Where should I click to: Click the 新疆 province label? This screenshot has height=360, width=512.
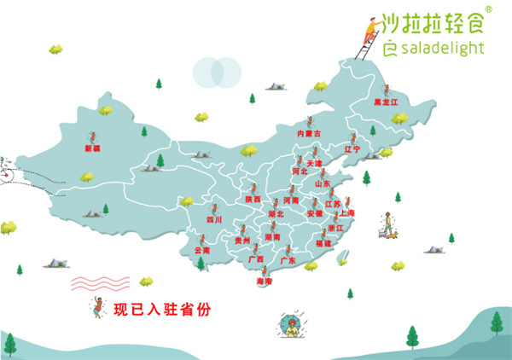[x=92, y=148]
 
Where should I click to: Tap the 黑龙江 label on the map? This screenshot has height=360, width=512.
[x=387, y=102]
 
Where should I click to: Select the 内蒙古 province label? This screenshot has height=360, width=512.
[x=308, y=134]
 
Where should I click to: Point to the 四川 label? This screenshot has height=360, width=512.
[x=213, y=220]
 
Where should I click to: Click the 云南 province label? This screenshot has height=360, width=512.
[x=201, y=251]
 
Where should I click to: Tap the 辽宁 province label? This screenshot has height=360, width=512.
[x=352, y=149]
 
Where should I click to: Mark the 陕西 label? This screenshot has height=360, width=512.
[x=253, y=199]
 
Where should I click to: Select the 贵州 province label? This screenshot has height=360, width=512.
[x=242, y=241]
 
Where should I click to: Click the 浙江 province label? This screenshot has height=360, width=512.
[x=336, y=229]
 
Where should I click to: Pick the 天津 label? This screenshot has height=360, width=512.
[x=314, y=162]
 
